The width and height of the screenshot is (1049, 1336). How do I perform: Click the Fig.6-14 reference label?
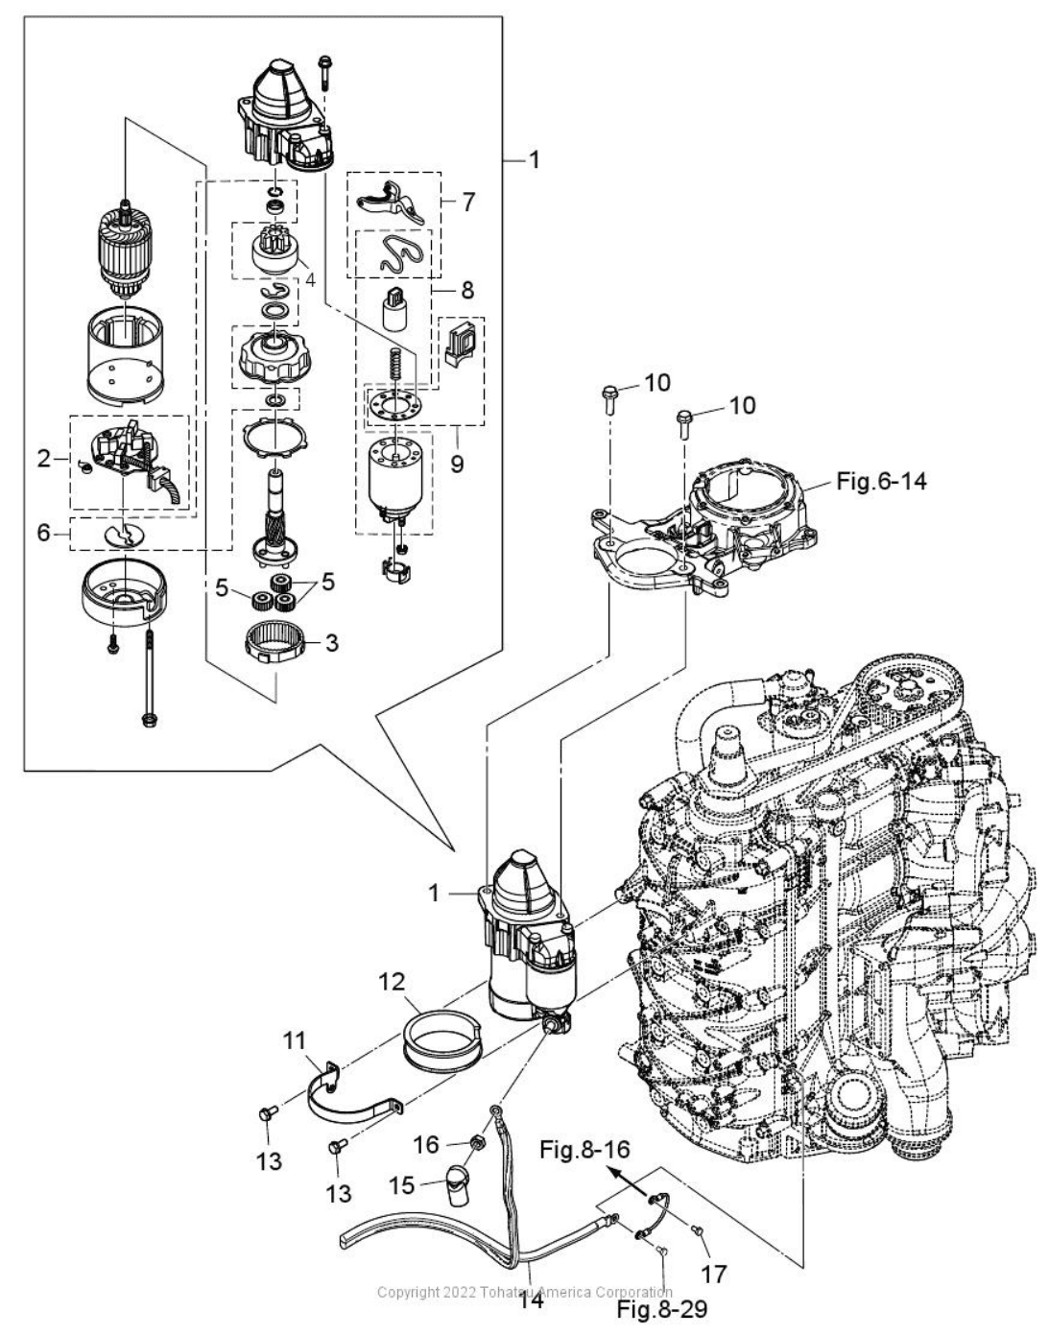pos(881,481)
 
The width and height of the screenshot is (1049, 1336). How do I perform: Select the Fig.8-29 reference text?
pos(662,1308)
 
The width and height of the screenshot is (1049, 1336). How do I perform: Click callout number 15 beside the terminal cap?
pos(402,1185)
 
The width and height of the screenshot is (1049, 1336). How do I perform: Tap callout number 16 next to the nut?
pos(426,1145)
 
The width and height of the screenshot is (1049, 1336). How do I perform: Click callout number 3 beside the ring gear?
pos(332,643)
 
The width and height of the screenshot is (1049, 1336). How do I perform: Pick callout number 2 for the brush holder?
pos(43,458)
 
